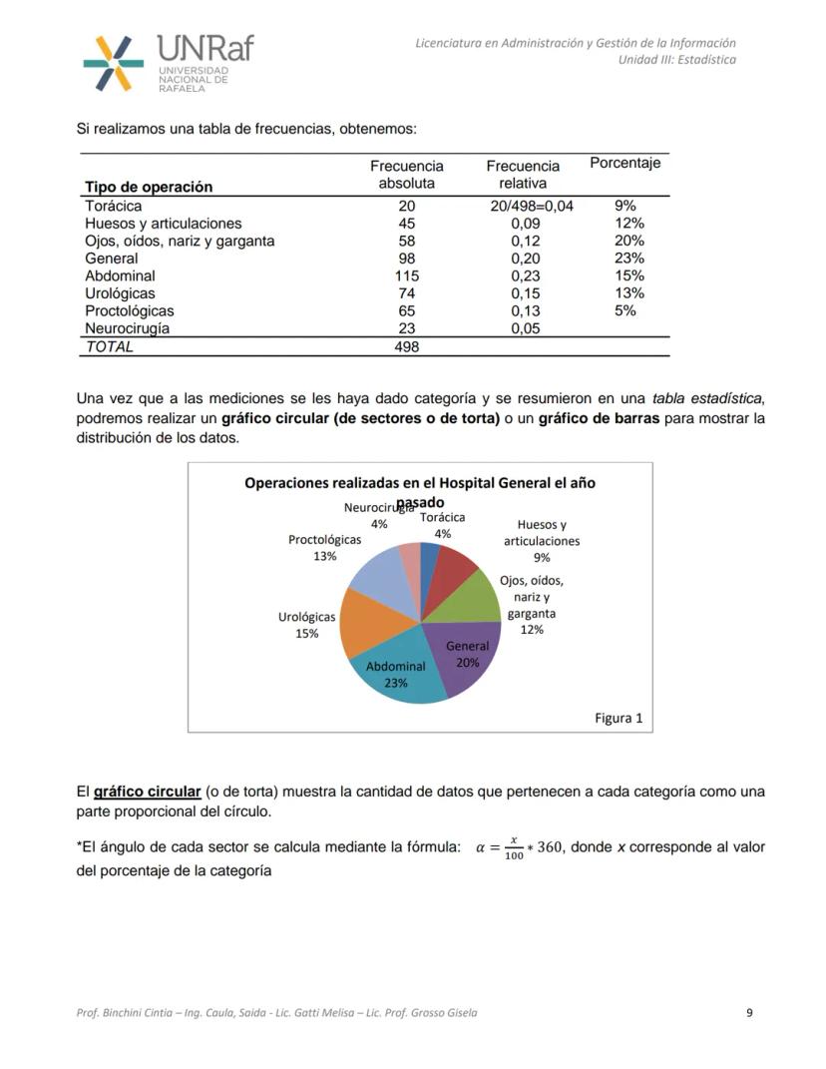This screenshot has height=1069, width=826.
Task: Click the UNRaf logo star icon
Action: click(113, 63)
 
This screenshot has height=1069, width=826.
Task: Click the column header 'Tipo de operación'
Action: click(149, 187)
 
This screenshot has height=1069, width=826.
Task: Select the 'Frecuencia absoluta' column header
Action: click(406, 175)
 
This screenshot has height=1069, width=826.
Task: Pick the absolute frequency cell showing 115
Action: click(406, 275)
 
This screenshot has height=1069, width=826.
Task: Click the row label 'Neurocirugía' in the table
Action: click(127, 327)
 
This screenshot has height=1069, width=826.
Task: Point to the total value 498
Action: click(406, 346)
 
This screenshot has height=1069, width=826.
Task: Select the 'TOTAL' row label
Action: click(109, 346)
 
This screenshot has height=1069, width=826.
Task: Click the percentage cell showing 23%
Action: click(628, 258)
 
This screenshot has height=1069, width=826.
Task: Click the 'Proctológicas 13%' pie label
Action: click(325, 548)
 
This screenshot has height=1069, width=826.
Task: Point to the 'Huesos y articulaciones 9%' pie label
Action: click(542, 541)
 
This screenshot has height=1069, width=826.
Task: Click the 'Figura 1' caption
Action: click(619, 718)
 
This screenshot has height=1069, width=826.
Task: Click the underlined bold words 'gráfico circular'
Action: click(147, 792)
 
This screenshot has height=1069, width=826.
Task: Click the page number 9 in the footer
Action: click(749, 1013)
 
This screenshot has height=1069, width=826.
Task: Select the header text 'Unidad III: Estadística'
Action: click(677, 60)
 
